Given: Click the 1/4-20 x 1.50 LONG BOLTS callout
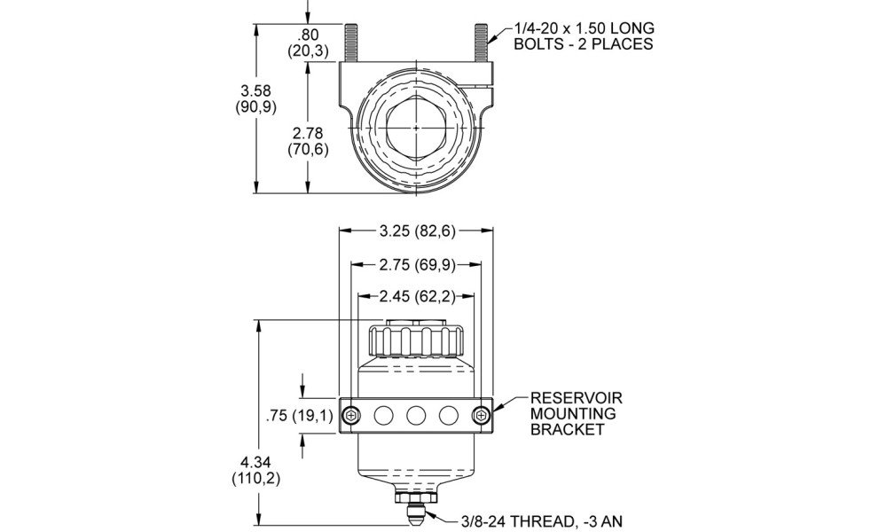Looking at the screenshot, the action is point(584,36).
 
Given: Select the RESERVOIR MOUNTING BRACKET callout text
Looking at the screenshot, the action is point(576,414).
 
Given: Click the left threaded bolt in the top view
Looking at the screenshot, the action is point(350,43).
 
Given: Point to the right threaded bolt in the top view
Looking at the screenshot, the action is point(482,43).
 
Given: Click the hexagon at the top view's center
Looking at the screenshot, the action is point(416,129).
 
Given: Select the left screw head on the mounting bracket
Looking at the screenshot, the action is point(352,416).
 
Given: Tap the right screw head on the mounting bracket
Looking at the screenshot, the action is point(481,416).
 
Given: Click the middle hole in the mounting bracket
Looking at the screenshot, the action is point(416,416).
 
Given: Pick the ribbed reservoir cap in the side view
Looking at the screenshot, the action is point(416,340).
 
